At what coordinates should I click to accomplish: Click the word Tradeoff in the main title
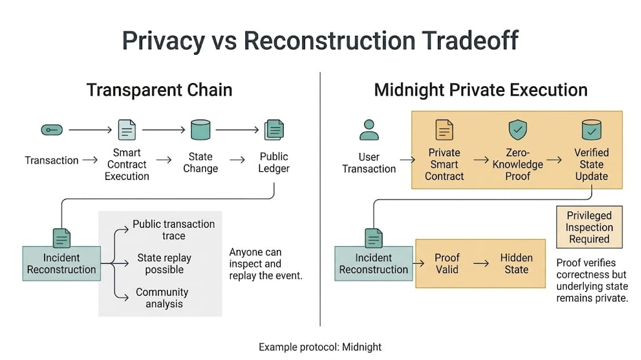coord(470,40)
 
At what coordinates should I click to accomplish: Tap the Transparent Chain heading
coord(159,90)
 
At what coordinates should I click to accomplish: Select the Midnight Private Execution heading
coord(481,90)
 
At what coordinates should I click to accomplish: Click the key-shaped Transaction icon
coord(52,130)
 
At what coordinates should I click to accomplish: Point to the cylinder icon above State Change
coord(201,130)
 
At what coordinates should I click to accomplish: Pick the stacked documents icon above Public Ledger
coord(274,130)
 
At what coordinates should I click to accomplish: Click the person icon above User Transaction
coord(369,130)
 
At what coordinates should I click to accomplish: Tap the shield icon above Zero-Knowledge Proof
coord(518,130)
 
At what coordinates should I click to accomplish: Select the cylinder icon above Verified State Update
coord(591,130)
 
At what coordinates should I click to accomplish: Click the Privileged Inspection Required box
coord(589,227)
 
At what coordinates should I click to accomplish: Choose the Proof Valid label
coord(447,264)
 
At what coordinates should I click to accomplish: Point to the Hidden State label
coord(516,264)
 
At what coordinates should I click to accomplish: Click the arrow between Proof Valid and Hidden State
coord(481,264)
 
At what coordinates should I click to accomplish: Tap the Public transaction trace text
coord(174,230)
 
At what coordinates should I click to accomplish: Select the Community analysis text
coord(162,298)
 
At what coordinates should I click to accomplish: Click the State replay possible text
coord(164,264)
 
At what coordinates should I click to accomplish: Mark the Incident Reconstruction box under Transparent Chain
coord(61,264)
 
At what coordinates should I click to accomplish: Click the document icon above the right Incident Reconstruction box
coord(374,238)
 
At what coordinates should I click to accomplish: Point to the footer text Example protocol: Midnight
coord(320,347)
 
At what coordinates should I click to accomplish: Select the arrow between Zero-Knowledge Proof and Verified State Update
coord(554,160)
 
